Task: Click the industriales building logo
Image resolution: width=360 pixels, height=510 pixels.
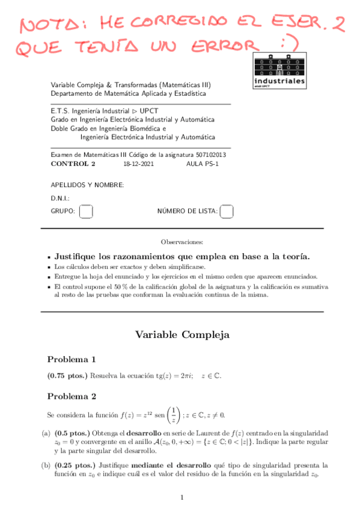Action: [x=279, y=70]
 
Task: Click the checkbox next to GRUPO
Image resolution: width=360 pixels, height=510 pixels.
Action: [x=87, y=211]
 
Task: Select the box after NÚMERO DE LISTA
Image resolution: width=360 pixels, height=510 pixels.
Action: [x=227, y=211]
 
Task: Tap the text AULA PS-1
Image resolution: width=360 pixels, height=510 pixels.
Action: [x=203, y=164]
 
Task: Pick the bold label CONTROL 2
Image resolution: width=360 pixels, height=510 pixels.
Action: [x=73, y=164]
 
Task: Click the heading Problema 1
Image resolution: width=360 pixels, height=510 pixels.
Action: [x=72, y=360]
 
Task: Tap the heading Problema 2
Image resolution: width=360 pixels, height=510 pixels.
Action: [x=72, y=396]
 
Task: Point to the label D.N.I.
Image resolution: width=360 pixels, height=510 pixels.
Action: [x=61, y=198]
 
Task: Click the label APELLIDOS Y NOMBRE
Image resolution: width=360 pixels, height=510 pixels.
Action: [x=87, y=185]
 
